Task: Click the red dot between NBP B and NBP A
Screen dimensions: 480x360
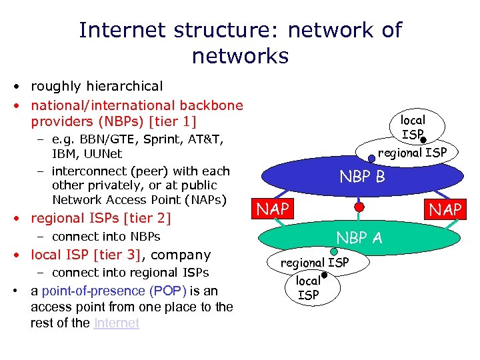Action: (x=359, y=207)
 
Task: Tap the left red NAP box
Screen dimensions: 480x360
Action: (x=273, y=209)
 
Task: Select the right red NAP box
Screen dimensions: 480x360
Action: (x=446, y=209)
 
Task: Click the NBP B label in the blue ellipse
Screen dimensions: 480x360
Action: (x=362, y=177)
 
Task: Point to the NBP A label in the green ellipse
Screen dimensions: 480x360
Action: (x=359, y=237)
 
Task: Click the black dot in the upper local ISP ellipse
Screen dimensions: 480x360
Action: (x=423, y=139)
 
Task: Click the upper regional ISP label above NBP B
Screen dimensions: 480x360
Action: (x=412, y=153)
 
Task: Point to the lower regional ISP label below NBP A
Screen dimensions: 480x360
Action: (x=314, y=263)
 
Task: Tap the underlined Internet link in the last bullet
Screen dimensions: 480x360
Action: (x=117, y=323)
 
